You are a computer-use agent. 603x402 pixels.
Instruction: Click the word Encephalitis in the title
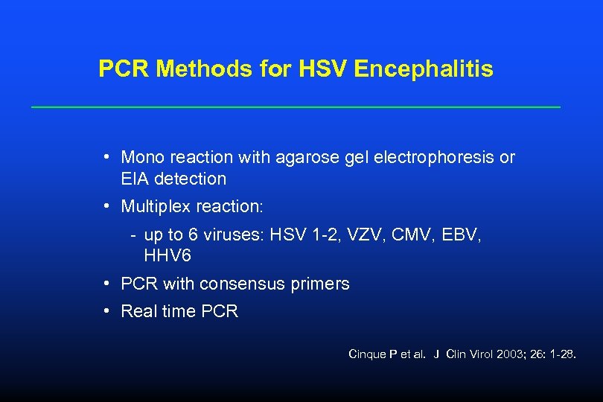424,69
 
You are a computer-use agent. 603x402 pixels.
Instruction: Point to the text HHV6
167,255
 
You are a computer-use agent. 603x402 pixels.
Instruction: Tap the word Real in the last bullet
138,311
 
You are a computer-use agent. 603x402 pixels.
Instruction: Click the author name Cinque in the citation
366,354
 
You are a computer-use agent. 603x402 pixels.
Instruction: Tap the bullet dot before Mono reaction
108,157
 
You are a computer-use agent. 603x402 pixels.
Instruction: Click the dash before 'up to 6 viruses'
133,235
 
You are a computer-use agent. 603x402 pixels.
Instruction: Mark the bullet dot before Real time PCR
108,310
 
